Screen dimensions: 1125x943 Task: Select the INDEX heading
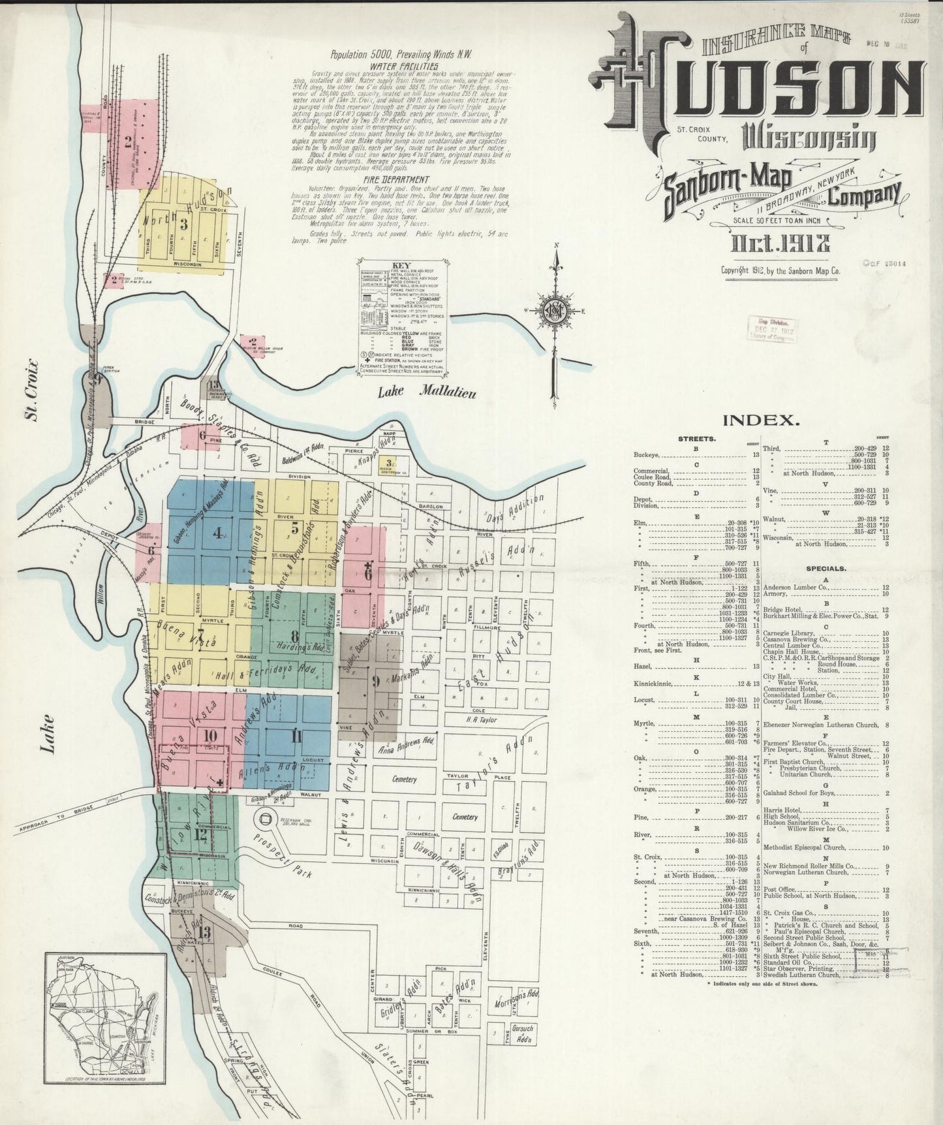[x=760, y=420]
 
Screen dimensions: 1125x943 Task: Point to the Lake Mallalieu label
[x=429, y=392]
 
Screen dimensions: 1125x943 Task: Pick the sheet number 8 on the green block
[x=295, y=635]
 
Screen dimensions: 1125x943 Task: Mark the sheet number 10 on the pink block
[x=209, y=735]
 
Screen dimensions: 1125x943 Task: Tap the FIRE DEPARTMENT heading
[x=397, y=180]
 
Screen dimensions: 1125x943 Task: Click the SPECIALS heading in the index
[x=826, y=568]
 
